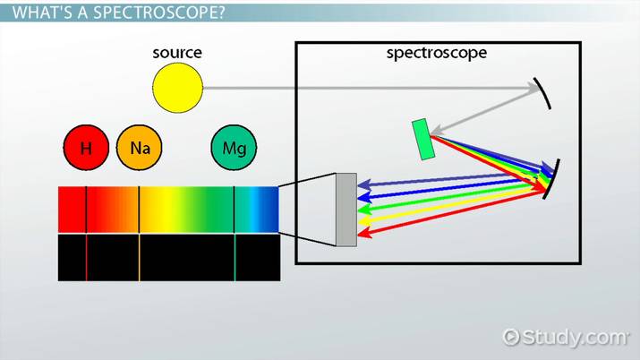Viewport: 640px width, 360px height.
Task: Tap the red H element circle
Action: click(86, 148)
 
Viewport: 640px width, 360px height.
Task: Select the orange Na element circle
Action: click(139, 148)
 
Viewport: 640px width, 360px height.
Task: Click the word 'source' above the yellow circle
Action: click(177, 53)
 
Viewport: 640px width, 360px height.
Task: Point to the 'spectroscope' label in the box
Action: click(436, 53)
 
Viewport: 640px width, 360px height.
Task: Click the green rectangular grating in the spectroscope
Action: click(424, 140)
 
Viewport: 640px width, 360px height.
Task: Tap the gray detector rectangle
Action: click(346, 209)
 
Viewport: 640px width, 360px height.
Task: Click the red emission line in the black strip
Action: click(86, 258)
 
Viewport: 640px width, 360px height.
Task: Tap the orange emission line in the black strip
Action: click(139, 258)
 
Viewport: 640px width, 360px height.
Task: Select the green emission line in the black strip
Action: click(235, 258)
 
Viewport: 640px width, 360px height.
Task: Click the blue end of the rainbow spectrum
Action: click(266, 210)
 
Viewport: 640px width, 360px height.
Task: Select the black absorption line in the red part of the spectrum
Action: click(86, 210)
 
